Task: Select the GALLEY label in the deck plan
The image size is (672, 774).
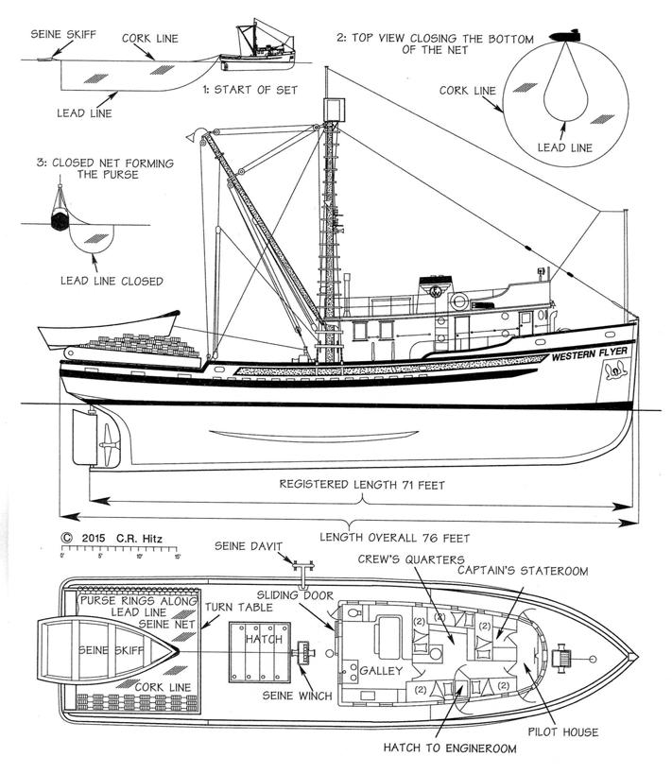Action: point(381,670)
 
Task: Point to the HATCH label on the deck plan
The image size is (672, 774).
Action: point(257,640)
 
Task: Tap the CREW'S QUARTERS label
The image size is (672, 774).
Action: point(409,559)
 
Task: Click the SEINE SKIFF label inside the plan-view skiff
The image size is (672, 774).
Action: point(106,650)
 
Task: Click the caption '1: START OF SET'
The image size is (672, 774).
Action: point(250,90)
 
